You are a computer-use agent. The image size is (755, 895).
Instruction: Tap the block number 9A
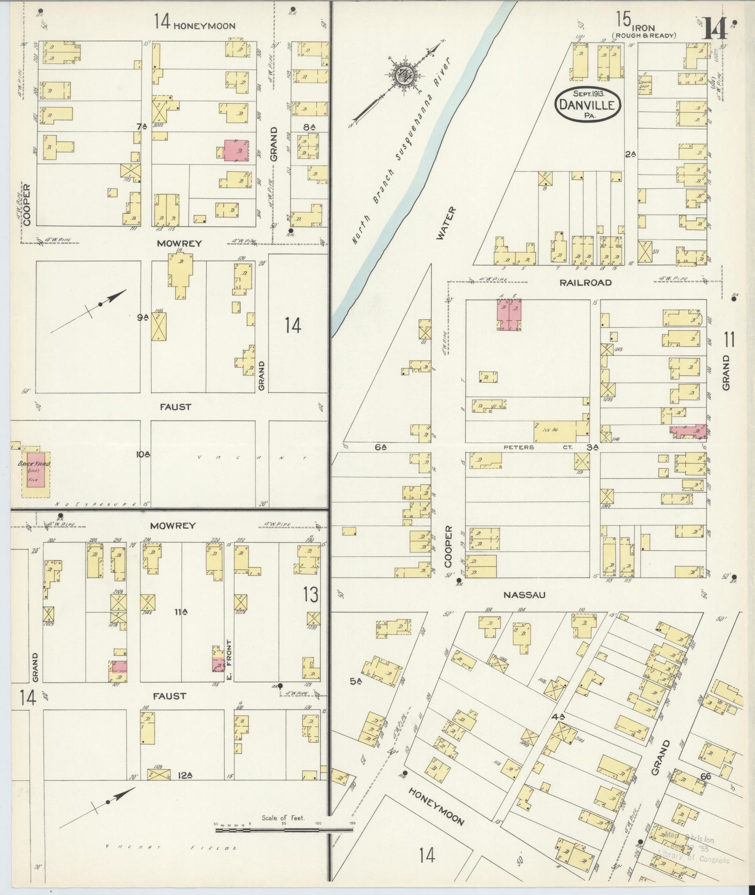pyautogui.click(x=143, y=318)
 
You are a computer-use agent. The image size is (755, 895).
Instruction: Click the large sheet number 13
pyautogui.click(x=310, y=595)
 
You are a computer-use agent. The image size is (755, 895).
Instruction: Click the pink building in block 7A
pyautogui.click(x=236, y=151)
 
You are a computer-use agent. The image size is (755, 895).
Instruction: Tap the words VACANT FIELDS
pyautogui.click(x=171, y=848)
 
